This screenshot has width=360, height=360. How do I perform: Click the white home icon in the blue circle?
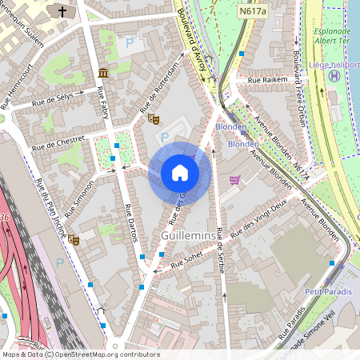180,173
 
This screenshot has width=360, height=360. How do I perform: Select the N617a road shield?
254,12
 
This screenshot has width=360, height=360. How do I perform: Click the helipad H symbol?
334,75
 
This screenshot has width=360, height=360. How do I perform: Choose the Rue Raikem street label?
267,81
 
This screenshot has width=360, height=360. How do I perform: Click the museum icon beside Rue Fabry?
103,74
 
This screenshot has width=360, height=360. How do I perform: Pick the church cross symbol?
63,11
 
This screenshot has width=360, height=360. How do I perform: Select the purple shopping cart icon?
234,180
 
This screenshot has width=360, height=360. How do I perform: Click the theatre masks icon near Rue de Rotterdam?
154,118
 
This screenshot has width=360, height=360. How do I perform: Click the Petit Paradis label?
329,292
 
